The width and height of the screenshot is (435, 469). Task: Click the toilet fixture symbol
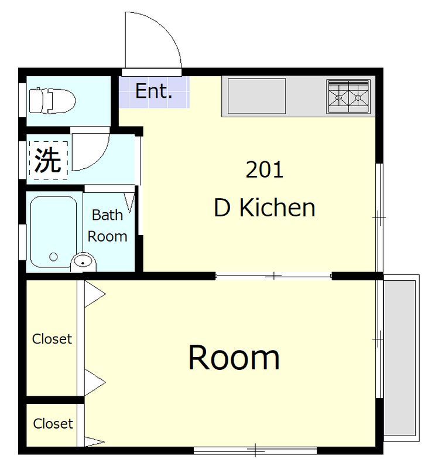pos(52,101)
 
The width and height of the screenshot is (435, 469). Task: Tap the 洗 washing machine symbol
pos(49,161)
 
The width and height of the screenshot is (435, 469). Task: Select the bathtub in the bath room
pos(53,232)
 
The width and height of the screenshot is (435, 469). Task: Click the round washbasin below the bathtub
pos(84,262)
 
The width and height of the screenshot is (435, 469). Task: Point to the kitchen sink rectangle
pos(256,96)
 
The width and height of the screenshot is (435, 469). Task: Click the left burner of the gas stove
pos(338,97)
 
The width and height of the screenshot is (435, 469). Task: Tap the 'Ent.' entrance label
pos(154,91)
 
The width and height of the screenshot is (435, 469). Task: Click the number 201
pos(265,169)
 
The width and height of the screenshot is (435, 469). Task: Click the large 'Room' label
pos(234,358)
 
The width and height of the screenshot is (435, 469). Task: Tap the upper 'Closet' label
pos(52,339)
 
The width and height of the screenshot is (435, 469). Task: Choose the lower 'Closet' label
pos(53,423)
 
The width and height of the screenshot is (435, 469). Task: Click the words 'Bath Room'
pos(107,226)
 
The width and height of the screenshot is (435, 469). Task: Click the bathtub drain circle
pos(53,257)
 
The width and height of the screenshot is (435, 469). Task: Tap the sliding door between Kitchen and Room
pos(273,276)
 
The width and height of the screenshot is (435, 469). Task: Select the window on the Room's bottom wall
pos(255,450)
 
